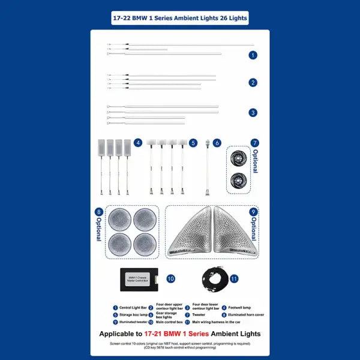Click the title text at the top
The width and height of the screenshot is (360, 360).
click(179, 18)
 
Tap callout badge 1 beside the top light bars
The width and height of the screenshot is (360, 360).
click(253, 55)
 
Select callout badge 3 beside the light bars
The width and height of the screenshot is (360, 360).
click(253, 112)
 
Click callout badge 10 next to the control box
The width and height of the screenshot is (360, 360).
click(170, 279)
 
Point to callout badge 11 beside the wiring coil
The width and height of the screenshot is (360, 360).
click(234, 279)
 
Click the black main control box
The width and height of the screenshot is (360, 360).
click(139, 279)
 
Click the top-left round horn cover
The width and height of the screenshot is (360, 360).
click(119, 220)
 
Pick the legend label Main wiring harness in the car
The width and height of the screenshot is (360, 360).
click(218, 322)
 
